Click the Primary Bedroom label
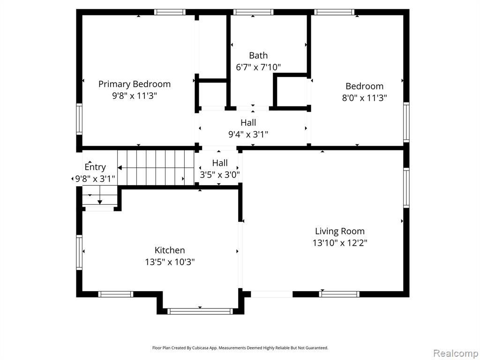[135, 84]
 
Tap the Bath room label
[258, 55]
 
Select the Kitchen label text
[170, 250]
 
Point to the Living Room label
[340, 231]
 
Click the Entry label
[95, 167]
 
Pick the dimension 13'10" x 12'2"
[340, 243]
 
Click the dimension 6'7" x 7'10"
[258, 67]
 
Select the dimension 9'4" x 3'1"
[248, 135]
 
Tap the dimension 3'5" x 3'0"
[220, 175]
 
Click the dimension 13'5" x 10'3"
[170, 262]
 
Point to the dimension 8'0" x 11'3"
[364, 98]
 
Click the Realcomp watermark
[456, 353]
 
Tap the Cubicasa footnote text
[240, 348]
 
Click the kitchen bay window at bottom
[200, 311]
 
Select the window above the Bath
[253, 12]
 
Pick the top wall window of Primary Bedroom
[170, 12]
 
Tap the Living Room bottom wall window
[339, 294]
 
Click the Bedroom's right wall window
[406, 122]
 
